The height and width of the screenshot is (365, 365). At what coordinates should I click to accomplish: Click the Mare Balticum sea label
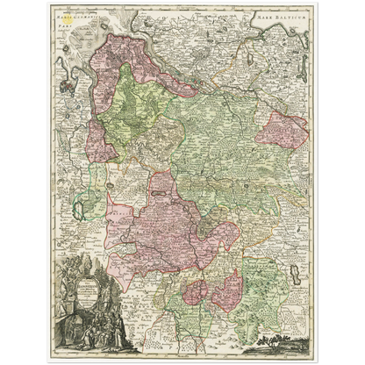[287, 17]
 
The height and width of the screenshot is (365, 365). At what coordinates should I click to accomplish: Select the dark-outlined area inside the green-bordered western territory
[84, 209]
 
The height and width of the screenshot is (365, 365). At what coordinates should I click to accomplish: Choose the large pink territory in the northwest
[114, 88]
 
